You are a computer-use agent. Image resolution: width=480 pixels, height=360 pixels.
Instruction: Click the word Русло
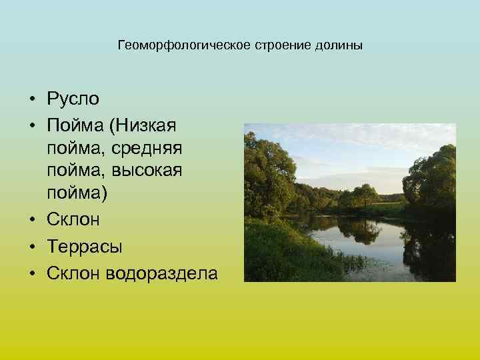click(x=73, y=99)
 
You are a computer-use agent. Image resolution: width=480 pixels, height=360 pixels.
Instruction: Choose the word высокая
click(x=147, y=170)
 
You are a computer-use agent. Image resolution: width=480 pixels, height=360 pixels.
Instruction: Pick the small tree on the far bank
click(x=365, y=195)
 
